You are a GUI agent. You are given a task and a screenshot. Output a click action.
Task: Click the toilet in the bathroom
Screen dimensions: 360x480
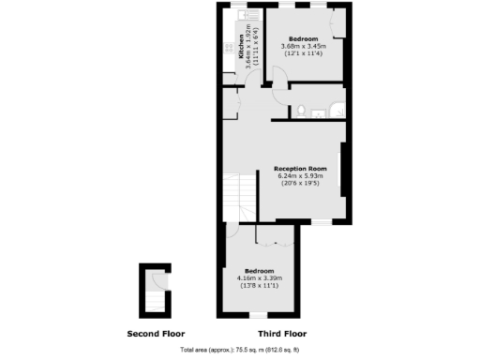click(x=300, y=112)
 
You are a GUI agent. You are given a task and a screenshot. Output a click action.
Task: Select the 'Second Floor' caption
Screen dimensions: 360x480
click(x=156, y=334)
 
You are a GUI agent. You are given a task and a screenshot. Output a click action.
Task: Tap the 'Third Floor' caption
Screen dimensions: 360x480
click(x=281, y=334)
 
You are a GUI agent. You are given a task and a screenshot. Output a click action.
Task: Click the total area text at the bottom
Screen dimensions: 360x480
click(x=240, y=349)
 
